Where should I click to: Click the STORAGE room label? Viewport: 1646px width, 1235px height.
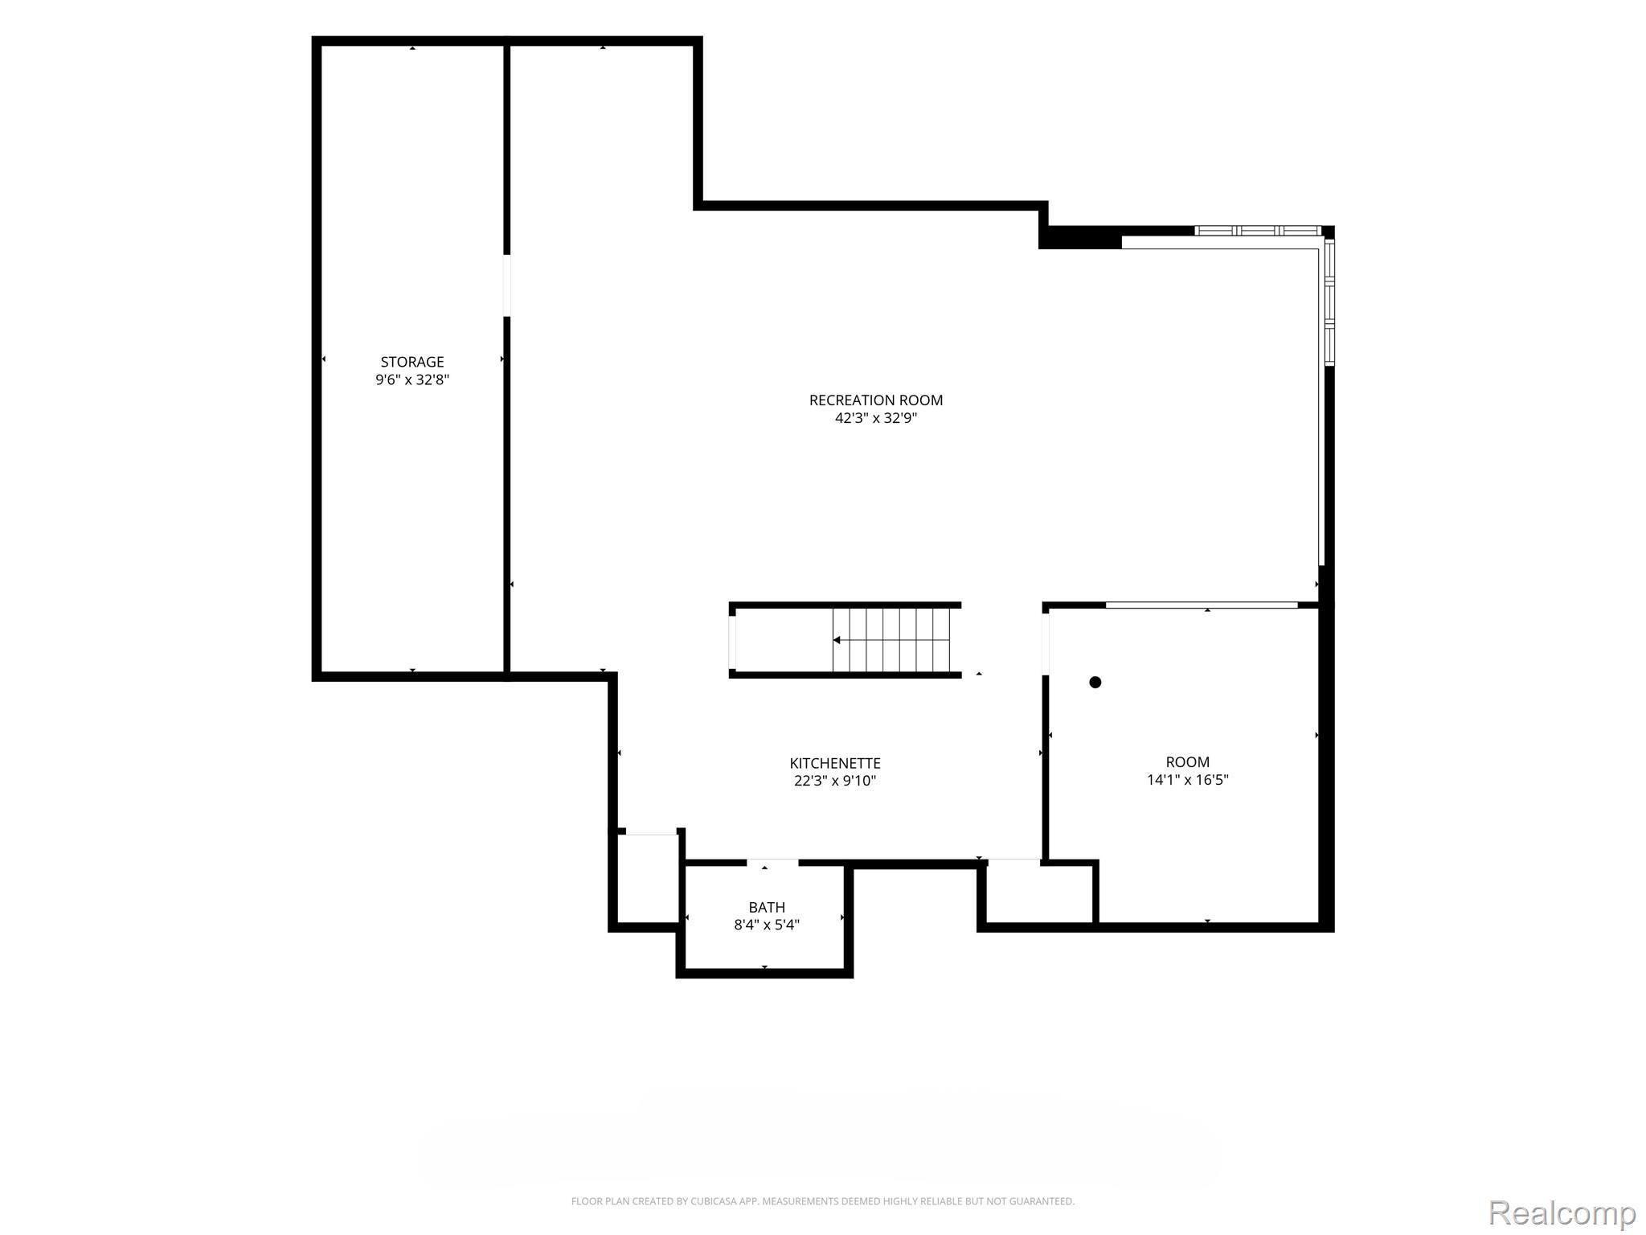coord(412,362)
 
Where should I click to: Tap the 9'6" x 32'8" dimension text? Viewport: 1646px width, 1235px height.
coord(412,380)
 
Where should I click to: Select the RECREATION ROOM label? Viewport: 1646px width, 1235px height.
coord(876,400)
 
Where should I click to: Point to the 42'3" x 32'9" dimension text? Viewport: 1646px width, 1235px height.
coord(876,418)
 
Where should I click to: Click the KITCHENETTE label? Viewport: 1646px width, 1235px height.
coord(835,763)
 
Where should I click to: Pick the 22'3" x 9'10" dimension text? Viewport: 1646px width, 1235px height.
coord(835,781)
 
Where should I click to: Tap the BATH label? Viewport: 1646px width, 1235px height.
coord(767,907)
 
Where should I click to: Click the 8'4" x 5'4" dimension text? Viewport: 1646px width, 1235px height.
coord(767,925)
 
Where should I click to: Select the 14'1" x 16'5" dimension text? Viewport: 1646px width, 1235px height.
coord(1188,779)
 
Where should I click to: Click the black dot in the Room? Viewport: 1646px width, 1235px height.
coord(1095,682)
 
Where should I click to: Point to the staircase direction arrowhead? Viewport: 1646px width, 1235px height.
coord(837,640)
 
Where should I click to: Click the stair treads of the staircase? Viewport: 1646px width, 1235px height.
coord(891,640)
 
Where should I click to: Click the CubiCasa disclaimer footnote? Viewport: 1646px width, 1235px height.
coord(822,1201)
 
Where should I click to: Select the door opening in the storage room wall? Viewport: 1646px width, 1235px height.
coord(507,285)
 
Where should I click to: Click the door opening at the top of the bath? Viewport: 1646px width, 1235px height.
coord(772,863)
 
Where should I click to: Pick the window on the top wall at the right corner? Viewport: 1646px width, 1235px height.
coord(1258,231)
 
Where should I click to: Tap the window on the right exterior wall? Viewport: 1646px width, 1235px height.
coord(1329,302)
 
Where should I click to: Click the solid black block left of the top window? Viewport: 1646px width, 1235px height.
coord(1080,237)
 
